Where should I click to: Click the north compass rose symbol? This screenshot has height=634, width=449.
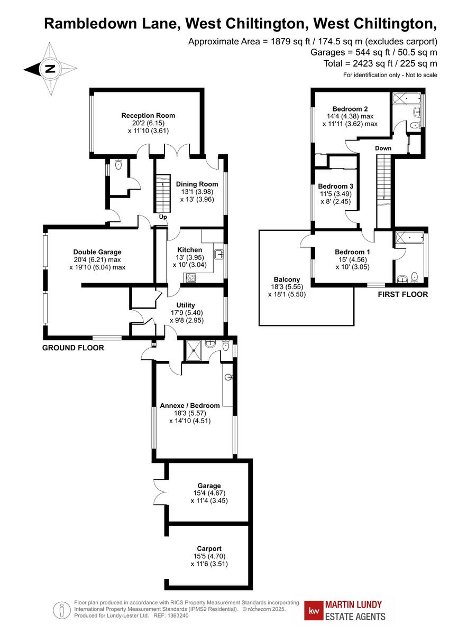[49, 69]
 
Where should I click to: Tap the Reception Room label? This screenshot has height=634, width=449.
[148, 115]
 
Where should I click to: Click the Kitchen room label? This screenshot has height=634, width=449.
[189, 249]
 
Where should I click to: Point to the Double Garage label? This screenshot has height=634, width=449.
[97, 252]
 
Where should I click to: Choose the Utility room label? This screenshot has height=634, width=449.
[186, 305]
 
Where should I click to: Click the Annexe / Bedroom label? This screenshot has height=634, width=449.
[190, 405]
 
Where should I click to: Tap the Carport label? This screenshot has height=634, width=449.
[209, 548]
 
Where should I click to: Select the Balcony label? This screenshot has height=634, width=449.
[287, 279]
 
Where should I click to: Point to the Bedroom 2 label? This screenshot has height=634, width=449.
[350, 109]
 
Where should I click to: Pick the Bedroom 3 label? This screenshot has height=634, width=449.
[335, 187]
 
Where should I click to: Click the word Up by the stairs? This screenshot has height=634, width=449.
[163, 217]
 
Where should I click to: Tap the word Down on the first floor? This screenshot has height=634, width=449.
[383, 148]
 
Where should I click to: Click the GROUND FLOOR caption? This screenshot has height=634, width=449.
[73, 348]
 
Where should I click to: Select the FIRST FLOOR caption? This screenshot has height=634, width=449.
[402, 294]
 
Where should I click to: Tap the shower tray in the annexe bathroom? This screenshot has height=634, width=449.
[191, 350]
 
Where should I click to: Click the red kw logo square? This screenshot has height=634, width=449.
[316, 610]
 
